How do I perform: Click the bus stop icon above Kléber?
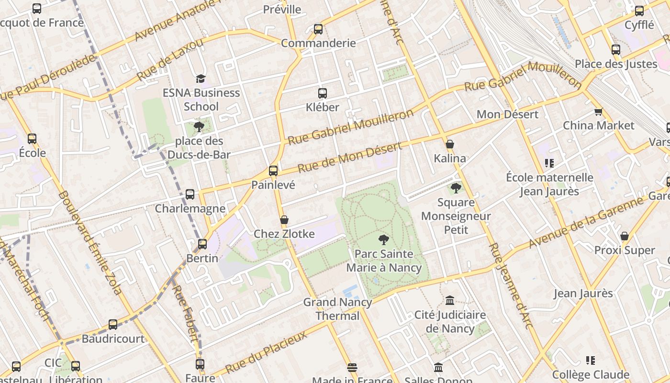click(323, 93)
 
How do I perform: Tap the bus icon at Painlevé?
click(273, 171)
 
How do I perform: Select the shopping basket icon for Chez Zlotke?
click(284, 220)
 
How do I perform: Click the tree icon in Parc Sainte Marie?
click(383, 240)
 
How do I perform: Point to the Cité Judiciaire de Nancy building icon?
click(450, 301)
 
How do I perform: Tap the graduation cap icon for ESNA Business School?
click(201, 79)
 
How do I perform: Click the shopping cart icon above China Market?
click(598, 112)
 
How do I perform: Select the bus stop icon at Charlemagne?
click(190, 194)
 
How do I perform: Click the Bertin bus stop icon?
click(202, 244)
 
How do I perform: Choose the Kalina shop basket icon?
click(450, 144)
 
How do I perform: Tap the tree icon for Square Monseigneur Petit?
click(456, 188)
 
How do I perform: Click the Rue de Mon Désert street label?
click(349, 158)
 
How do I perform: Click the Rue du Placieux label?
click(266, 352)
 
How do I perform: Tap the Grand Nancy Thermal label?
click(338, 309)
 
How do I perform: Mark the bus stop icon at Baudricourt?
click(113, 325)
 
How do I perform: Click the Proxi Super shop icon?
click(624, 236)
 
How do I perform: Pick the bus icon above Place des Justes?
click(616, 50)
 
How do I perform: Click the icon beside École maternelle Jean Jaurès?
click(549, 163)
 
